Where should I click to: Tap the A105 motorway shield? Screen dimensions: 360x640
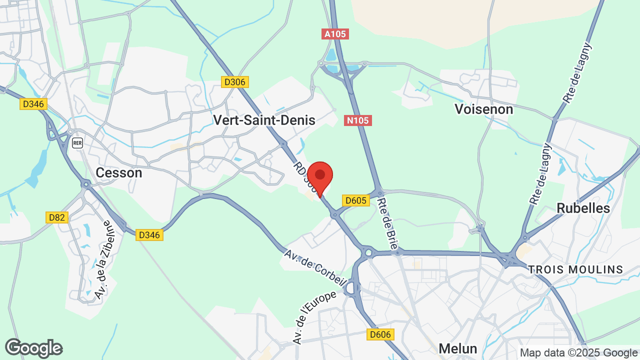[x=335, y=34]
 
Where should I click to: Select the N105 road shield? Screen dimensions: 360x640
[x=358, y=120]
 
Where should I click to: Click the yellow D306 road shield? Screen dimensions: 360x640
[x=235, y=82]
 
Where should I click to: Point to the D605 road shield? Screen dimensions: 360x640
[x=356, y=200]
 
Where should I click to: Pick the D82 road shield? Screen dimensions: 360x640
[x=57, y=217]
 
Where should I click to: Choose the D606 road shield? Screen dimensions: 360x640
[x=380, y=334]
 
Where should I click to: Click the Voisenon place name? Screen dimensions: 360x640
[x=484, y=109]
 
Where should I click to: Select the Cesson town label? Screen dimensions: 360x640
[x=119, y=173]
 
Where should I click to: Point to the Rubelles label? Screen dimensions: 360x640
[x=583, y=208]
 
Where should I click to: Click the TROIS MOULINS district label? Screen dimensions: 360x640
[x=575, y=270]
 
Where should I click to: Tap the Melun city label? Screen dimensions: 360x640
[x=458, y=348]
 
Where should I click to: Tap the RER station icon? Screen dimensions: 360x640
[x=77, y=142]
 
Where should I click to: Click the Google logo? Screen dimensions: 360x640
[x=33, y=348]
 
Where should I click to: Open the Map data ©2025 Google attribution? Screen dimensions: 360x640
[x=579, y=352]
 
